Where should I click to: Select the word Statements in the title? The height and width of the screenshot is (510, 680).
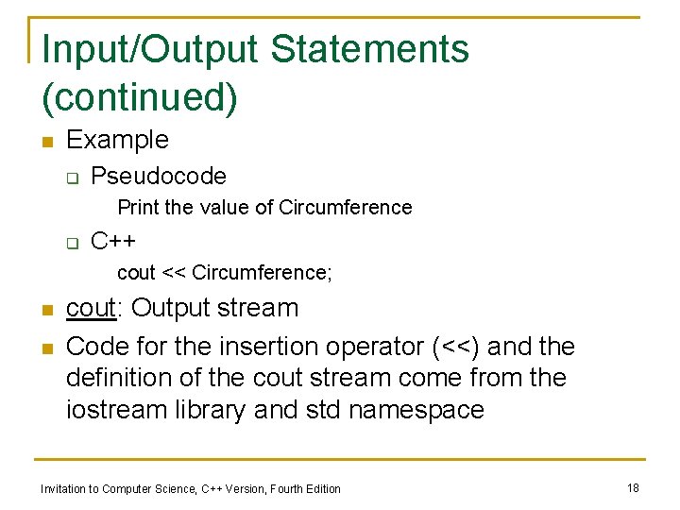coord(383,49)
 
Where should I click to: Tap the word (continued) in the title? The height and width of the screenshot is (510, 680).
coord(140,97)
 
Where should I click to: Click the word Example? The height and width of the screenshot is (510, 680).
coord(117,140)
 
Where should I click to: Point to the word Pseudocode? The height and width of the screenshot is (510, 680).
coord(159,176)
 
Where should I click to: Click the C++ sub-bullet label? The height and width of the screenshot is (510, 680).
coord(113,242)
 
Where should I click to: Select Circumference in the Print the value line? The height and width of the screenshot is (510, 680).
coord(346,208)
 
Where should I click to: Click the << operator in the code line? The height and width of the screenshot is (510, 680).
coord(174,273)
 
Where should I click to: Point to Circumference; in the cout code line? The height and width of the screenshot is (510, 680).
coord(262,273)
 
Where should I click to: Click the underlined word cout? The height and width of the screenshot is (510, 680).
coord(91,308)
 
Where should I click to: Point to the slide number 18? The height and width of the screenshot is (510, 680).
coord(633,487)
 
